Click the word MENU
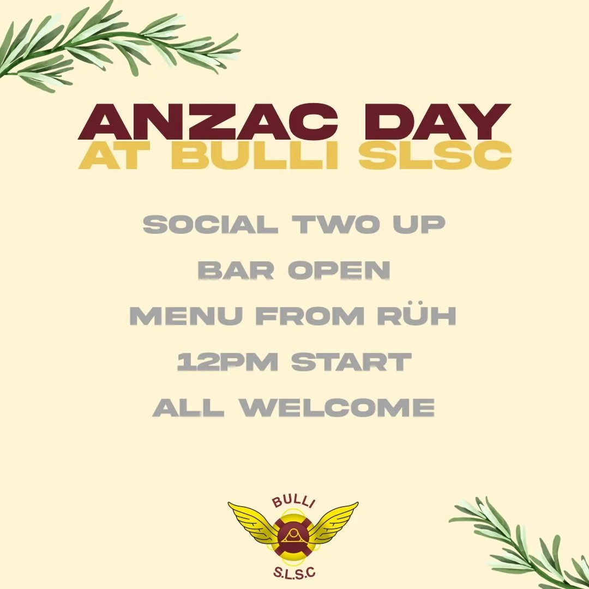[x=185, y=316]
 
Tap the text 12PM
[x=221, y=362]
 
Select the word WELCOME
[x=338, y=407]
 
